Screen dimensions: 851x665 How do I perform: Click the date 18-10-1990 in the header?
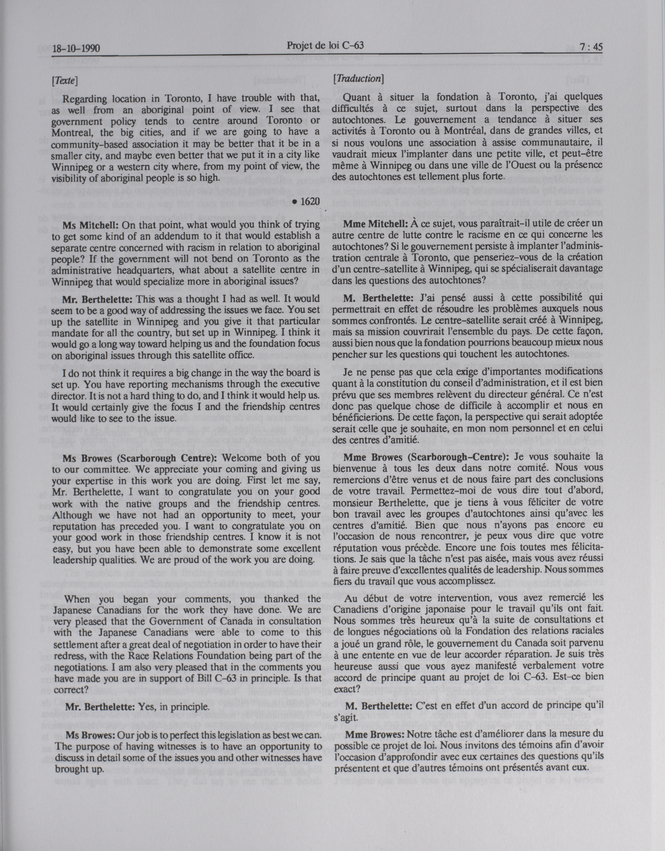[x=76, y=49]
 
